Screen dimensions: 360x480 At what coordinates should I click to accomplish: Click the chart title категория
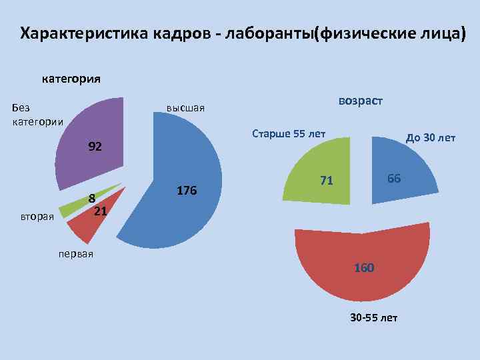[x=71, y=79]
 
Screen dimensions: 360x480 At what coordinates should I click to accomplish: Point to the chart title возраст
[x=360, y=101]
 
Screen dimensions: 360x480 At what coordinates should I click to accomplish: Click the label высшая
[x=185, y=108]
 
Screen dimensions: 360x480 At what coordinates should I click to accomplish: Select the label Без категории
[x=37, y=114]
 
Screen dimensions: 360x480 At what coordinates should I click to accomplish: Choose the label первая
[x=75, y=254]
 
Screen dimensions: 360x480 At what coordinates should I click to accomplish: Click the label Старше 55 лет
[x=288, y=133]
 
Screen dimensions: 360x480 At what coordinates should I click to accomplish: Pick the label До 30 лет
[x=431, y=138]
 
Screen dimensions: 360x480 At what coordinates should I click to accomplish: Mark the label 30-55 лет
[x=373, y=317]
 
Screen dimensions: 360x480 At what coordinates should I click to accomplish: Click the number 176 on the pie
[x=187, y=191]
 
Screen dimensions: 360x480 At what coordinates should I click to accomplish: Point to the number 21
[x=101, y=211]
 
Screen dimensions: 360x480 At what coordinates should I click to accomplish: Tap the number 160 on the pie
[x=364, y=268]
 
